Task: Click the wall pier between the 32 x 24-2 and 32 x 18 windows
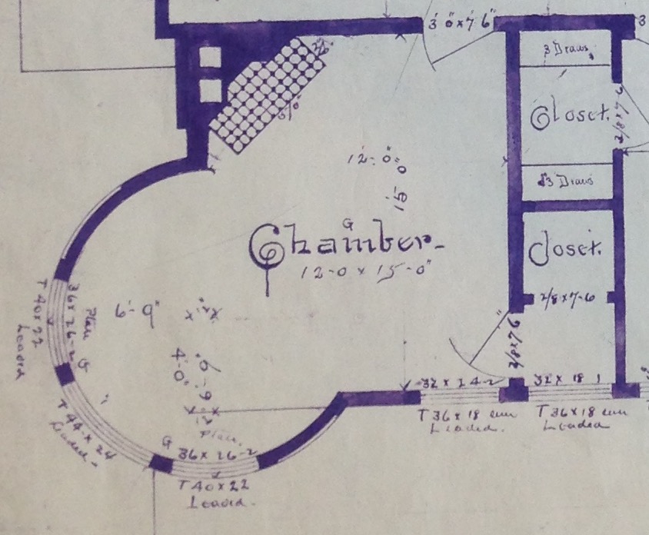coord(513,392)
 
